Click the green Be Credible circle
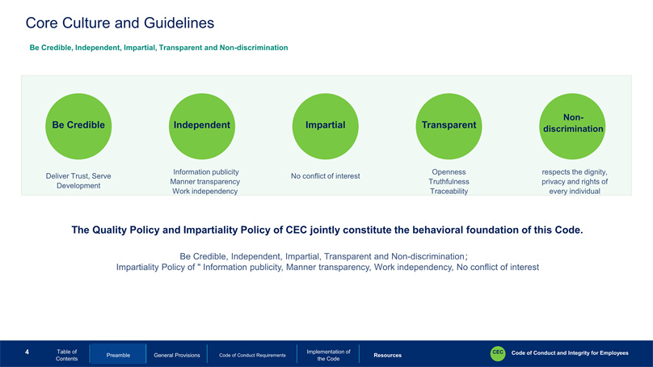pyautogui.click(x=78, y=126)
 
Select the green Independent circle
pyautogui.click(x=202, y=126)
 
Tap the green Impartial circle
pyautogui.click(x=325, y=126)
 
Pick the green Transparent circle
pyautogui.click(x=449, y=126)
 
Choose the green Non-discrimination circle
pyautogui.click(x=572, y=126)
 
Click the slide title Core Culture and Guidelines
pyautogui.click(x=120, y=23)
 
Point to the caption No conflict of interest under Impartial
pyautogui.click(x=325, y=176)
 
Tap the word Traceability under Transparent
pyautogui.click(x=449, y=192)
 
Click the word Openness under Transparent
pyautogui.click(x=449, y=172)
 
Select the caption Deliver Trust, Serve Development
pyautogui.click(x=78, y=181)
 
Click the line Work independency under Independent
pyautogui.click(x=205, y=192)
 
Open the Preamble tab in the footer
pyautogui.click(x=118, y=355)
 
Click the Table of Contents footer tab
pyautogui.click(x=66, y=355)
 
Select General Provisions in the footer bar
pyautogui.click(x=177, y=356)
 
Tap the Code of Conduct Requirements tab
pyautogui.click(x=252, y=356)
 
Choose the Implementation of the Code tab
pyautogui.click(x=329, y=355)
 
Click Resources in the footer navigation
pyautogui.click(x=387, y=356)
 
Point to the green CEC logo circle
pyautogui.click(x=498, y=353)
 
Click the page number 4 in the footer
pyautogui.click(x=27, y=352)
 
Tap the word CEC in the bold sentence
pyautogui.click(x=296, y=230)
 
